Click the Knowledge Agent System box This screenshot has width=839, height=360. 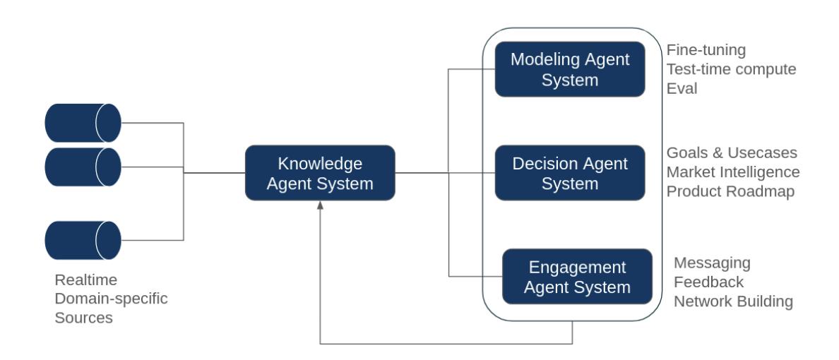[320, 173]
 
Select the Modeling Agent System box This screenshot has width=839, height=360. [569, 69]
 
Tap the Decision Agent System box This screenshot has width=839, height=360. [569, 173]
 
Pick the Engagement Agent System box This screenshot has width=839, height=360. [576, 277]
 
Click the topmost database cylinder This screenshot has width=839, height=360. [83, 123]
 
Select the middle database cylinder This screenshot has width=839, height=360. [83, 167]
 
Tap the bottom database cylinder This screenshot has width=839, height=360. [83, 240]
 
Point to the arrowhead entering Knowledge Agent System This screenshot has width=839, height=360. [320, 205]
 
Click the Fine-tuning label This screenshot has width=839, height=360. [706, 50]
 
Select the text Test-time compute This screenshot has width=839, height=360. [731, 69]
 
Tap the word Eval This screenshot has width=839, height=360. [682, 88]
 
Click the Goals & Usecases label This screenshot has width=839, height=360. [732, 153]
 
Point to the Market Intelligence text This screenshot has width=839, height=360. [733, 172]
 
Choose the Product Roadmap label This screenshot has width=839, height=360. [730, 191]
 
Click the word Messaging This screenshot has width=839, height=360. [712, 263]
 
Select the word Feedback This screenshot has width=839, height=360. [708, 282]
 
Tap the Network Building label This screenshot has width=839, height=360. [733, 301]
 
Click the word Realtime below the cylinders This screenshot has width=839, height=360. [85, 280]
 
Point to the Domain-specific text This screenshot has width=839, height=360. [111, 299]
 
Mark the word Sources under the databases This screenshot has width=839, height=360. [83, 318]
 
